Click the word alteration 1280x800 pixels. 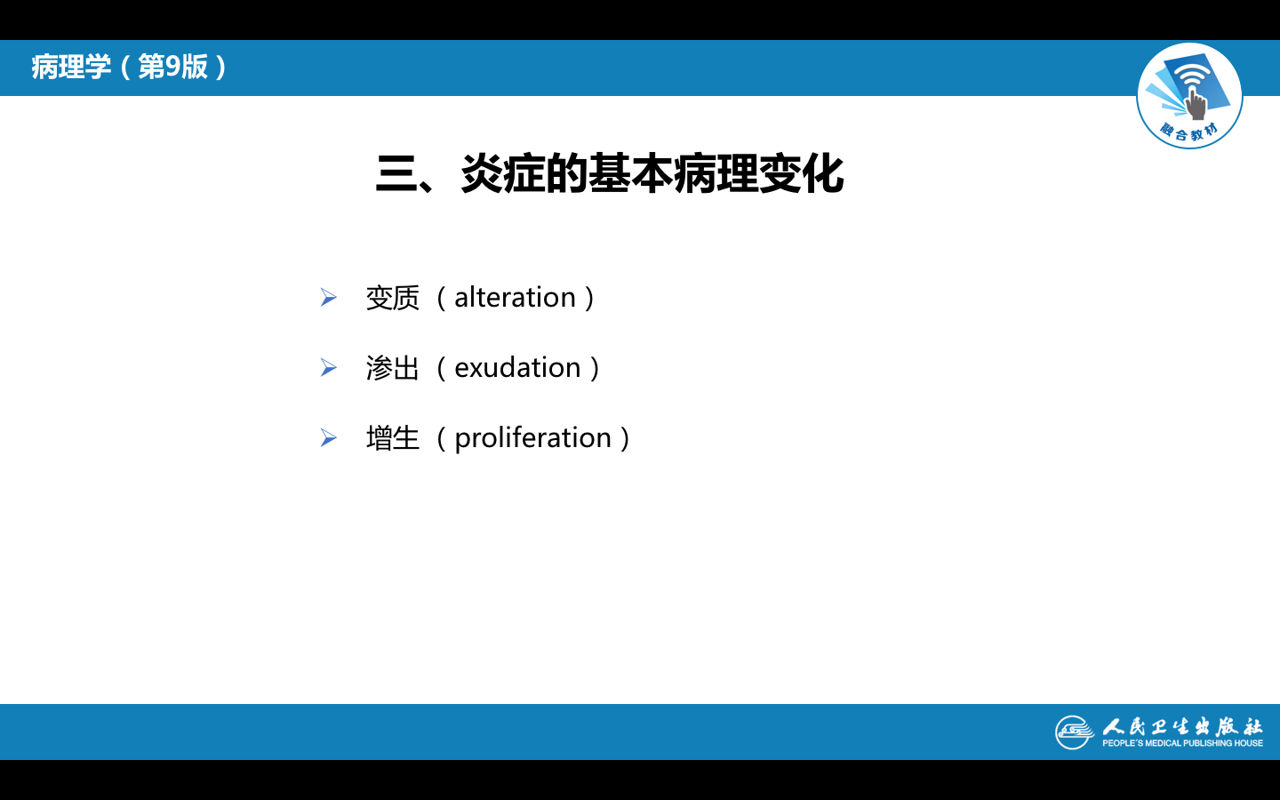click(x=515, y=298)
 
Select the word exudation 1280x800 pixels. click(x=517, y=368)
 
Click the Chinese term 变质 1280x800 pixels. click(x=393, y=298)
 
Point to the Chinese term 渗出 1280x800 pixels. click(x=393, y=368)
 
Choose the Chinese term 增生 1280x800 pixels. click(x=393, y=438)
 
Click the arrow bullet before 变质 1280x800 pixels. click(x=329, y=298)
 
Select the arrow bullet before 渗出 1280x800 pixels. click(x=329, y=368)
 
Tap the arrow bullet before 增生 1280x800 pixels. click(x=329, y=438)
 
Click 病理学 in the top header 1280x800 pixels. click(x=71, y=67)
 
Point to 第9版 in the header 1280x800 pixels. click(x=173, y=67)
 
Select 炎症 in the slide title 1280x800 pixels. click(x=501, y=173)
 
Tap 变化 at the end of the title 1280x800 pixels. click(x=801, y=173)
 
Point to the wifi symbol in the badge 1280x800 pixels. click(x=1192, y=76)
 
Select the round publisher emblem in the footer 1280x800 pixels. click(x=1075, y=732)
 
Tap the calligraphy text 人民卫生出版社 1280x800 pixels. click(x=1182, y=727)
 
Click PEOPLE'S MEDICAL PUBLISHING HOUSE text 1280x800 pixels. click(x=1182, y=743)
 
